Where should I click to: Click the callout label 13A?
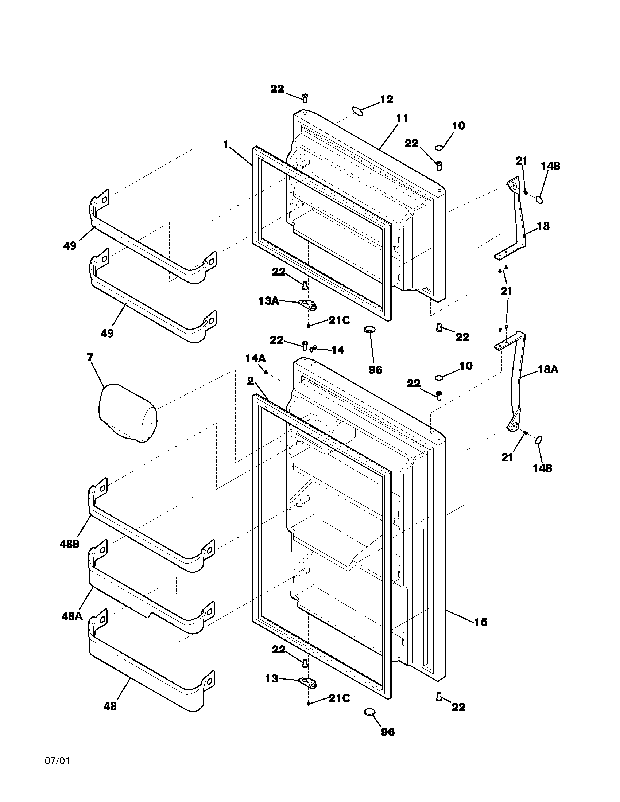(x=268, y=301)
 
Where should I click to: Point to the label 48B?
(x=69, y=544)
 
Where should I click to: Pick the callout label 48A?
(x=71, y=616)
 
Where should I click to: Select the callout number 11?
(x=402, y=118)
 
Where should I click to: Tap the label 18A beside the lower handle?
(x=548, y=369)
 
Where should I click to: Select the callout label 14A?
(x=256, y=358)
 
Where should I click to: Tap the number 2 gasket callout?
(x=250, y=381)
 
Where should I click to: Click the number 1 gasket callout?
(x=226, y=145)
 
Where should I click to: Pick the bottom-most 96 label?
(x=387, y=743)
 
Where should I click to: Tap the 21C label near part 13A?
(x=339, y=320)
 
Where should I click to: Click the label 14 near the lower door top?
(x=338, y=350)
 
